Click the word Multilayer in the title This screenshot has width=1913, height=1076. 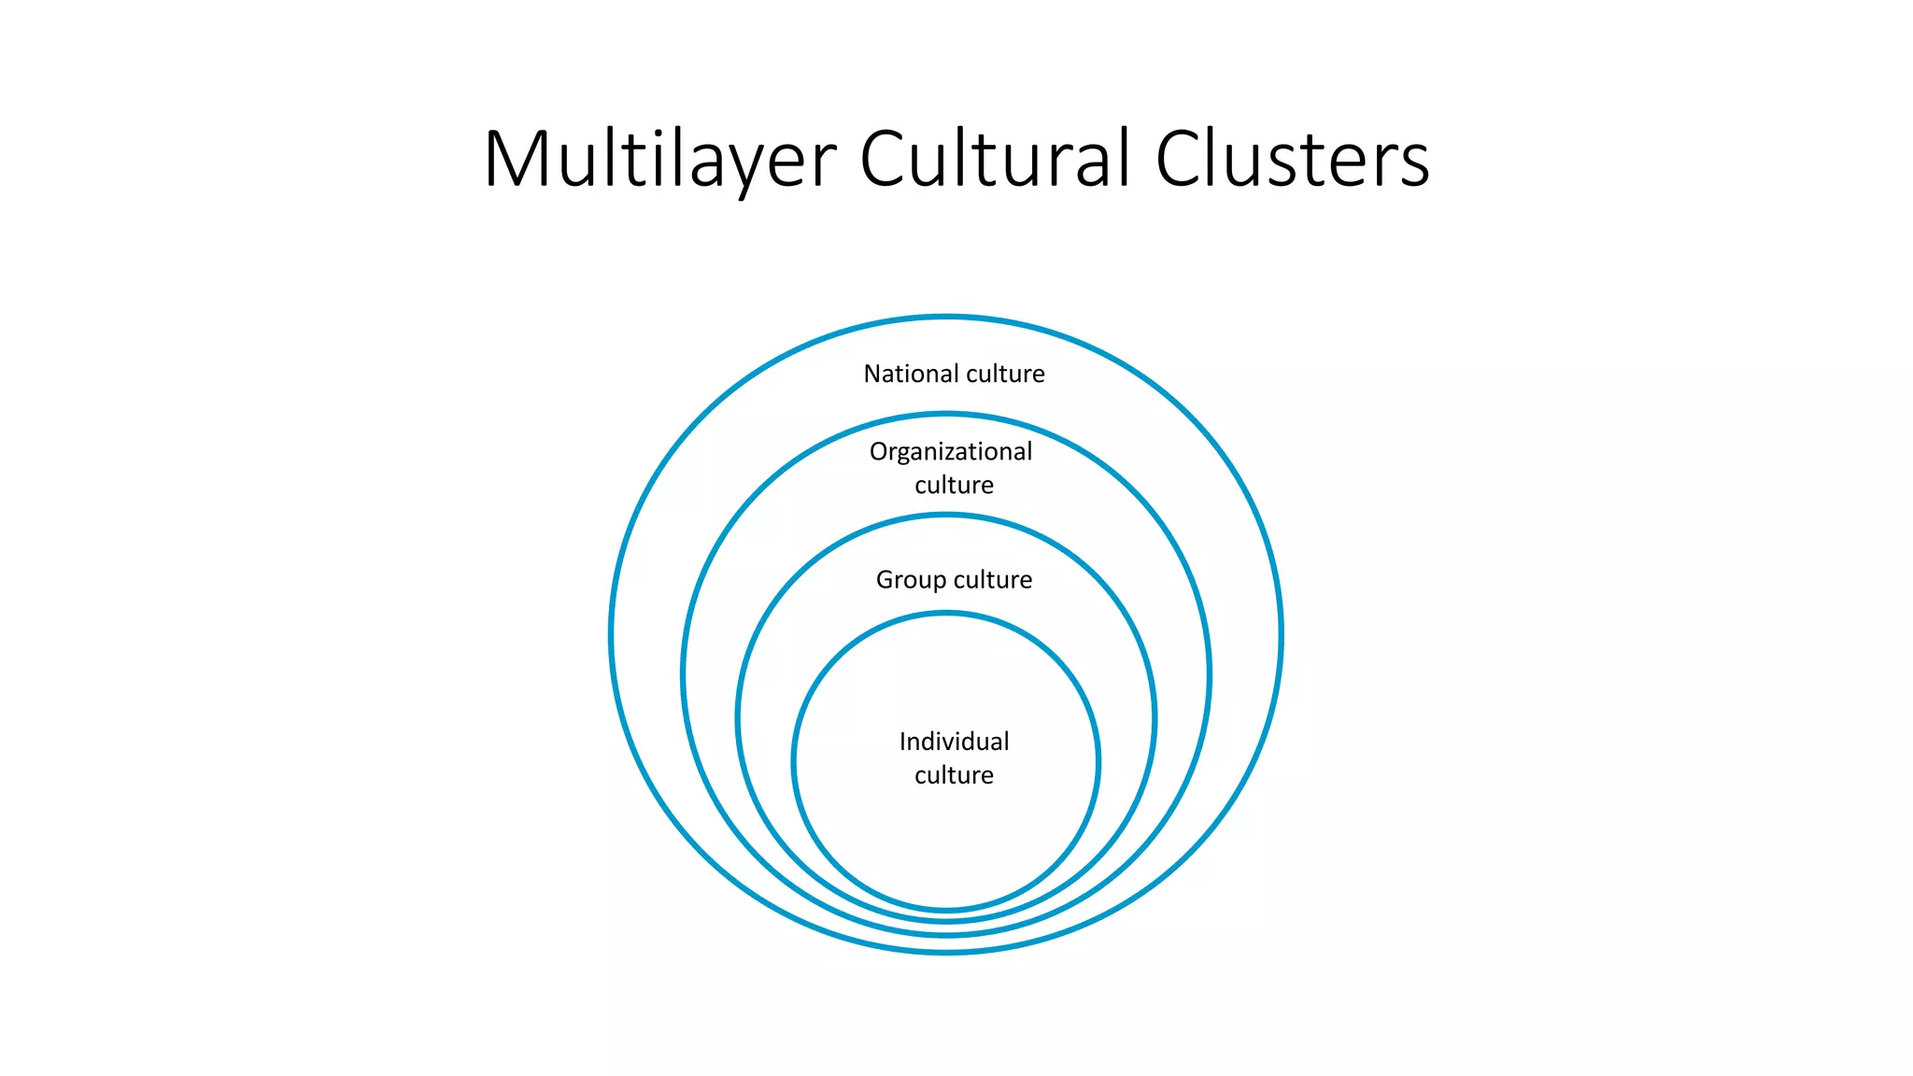point(659,160)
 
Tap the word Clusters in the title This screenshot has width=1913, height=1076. point(1292,158)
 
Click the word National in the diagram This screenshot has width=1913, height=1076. point(904,374)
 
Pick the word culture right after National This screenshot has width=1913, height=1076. point(1006,374)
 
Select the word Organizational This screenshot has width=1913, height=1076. point(951,452)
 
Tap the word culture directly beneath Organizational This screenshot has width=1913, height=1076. point(954,485)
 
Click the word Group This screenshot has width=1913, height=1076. point(910,580)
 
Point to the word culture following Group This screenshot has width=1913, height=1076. point(993,580)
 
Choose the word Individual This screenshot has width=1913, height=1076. point(954,742)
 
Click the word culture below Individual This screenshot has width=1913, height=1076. point(954,775)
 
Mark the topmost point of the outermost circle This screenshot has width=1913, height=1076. point(946,318)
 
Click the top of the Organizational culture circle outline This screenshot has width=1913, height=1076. point(946,415)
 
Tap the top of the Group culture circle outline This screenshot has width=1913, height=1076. point(946,516)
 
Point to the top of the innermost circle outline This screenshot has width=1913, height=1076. point(946,614)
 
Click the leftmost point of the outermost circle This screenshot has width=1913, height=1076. point(611,635)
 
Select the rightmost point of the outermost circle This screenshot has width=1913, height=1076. point(1282,635)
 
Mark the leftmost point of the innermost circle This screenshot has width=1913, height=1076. point(794,761)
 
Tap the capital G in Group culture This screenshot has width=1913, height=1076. point(885,579)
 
